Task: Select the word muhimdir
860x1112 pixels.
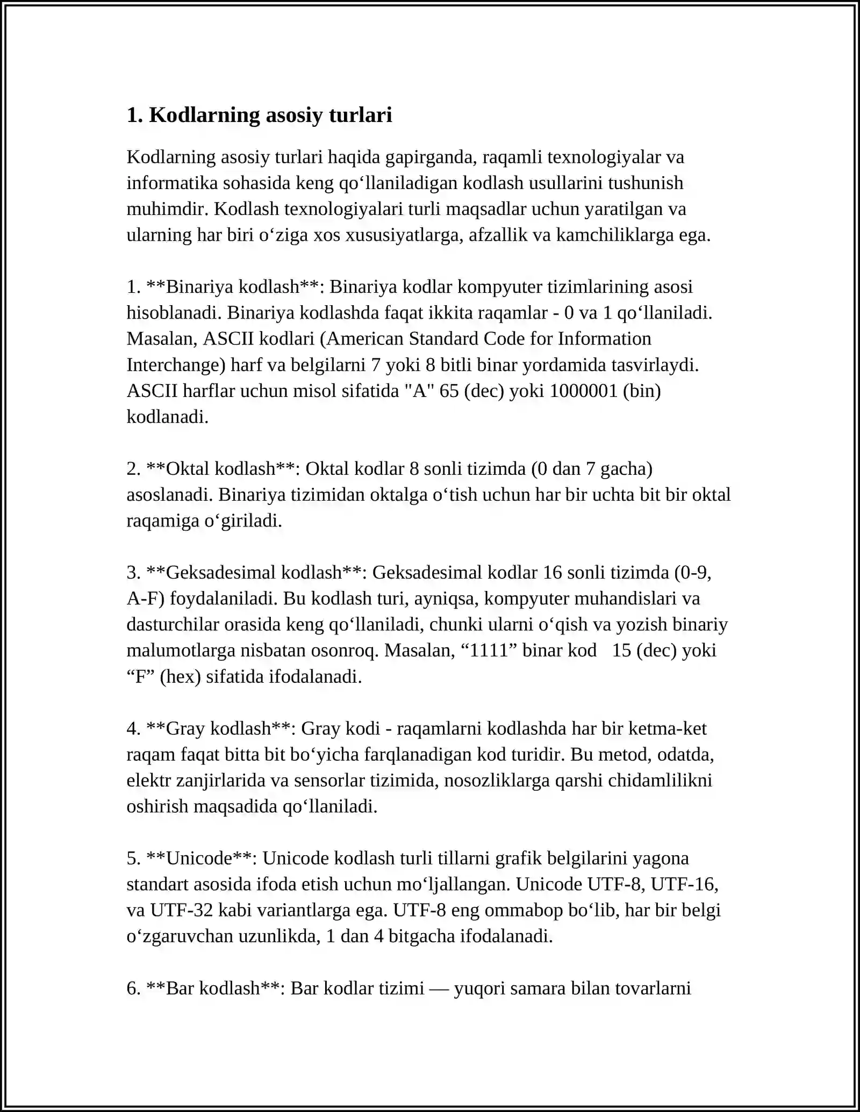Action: [167, 209]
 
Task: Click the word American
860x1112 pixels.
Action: [365, 339]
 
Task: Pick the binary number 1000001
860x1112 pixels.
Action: [583, 391]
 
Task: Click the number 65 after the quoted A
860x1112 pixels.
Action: [449, 391]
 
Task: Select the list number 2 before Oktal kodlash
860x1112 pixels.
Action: [133, 469]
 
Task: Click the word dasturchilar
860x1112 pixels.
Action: [173, 625]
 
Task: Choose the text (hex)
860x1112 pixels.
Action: [180, 677]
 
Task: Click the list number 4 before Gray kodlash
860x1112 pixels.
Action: [133, 729]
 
